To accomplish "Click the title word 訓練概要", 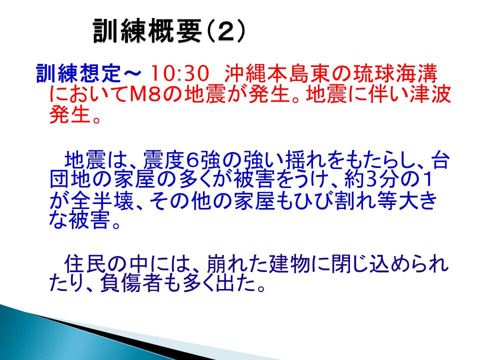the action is [x=147, y=30].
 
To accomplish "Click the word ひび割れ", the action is [x=325, y=200].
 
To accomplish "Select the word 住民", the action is [x=85, y=264].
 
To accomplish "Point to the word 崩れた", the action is [x=237, y=264].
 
